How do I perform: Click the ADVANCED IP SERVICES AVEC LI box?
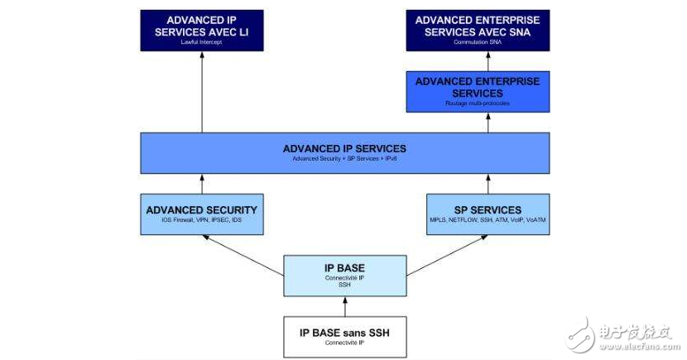202,30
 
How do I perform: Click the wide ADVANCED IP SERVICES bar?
344,152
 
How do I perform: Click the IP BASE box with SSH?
344,276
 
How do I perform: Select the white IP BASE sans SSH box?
344,337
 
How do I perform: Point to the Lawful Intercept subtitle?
202,41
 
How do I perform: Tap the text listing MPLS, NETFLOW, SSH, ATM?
488,222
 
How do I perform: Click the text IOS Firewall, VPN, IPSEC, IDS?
202,222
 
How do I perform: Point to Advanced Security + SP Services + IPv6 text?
344,159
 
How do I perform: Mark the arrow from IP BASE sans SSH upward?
344,307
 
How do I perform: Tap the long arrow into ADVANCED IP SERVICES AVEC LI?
202,91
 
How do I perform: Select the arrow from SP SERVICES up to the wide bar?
488,183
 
